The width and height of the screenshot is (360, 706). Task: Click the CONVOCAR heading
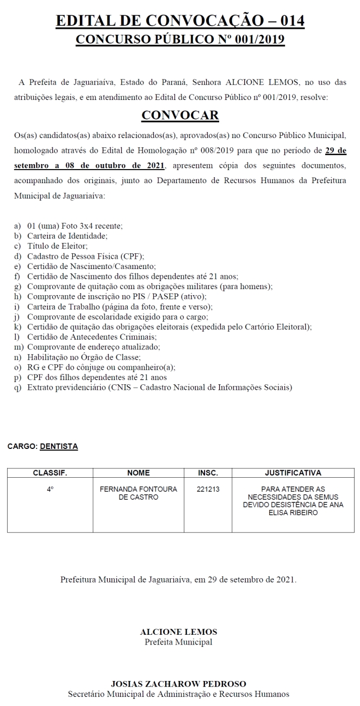pos(180,115)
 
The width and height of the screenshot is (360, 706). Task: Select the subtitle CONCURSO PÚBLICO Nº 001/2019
pos(180,40)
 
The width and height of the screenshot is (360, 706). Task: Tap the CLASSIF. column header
pos(50,473)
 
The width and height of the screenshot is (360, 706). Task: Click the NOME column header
pos(138,473)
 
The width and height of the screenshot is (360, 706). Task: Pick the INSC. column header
pos(208,473)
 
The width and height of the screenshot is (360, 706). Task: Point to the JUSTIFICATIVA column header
pos(293,473)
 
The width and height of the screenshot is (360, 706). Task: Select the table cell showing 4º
pos(50,489)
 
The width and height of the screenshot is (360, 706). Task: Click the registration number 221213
pos(208,489)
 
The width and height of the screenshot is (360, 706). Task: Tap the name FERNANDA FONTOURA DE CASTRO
pos(138,493)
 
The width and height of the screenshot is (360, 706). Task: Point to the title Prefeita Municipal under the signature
pos(178,642)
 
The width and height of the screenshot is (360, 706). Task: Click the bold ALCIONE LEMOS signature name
pos(178,632)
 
